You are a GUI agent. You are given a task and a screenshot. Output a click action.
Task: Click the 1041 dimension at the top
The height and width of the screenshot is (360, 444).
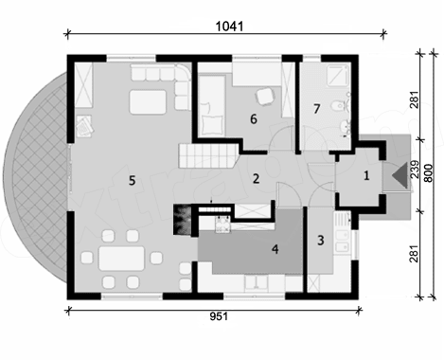click(229, 27)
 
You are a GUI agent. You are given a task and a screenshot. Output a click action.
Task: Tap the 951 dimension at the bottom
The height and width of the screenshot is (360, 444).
click(219, 316)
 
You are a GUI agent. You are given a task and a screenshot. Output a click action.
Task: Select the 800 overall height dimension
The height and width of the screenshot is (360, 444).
click(428, 172)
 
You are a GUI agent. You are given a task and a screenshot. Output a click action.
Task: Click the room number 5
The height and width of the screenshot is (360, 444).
click(132, 181)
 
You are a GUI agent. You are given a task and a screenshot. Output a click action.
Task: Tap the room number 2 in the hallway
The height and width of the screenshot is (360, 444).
click(256, 179)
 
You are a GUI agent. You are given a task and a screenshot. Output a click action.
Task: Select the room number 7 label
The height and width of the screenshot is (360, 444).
click(317, 109)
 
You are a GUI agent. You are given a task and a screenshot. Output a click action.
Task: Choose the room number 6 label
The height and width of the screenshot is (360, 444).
click(254, 119)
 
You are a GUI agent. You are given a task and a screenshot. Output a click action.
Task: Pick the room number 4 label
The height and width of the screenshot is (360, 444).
click(275, 249)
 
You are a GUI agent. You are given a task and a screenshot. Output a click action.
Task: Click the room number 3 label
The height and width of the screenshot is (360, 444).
click(321, 241)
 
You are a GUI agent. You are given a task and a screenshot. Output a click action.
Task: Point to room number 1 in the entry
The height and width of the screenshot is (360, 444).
click(366, 176)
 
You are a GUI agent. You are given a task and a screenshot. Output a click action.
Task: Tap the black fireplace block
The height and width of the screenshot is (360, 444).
click(182, 220)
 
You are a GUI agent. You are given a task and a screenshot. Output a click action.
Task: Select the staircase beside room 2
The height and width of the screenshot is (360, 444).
click(208, 155)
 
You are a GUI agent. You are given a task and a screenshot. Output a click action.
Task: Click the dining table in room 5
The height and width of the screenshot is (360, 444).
click(121, 259)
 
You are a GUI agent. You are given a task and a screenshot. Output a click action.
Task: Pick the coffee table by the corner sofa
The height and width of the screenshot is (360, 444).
click(148, 102)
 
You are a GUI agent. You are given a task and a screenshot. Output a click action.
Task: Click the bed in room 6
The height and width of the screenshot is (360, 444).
click(212, 106)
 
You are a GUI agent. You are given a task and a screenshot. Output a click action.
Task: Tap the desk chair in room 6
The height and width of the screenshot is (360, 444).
click(264, 97)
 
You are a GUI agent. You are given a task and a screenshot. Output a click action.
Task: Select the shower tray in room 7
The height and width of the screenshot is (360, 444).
click(338, 76)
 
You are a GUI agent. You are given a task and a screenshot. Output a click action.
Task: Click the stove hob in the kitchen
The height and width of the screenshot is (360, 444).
click(222, 225)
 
